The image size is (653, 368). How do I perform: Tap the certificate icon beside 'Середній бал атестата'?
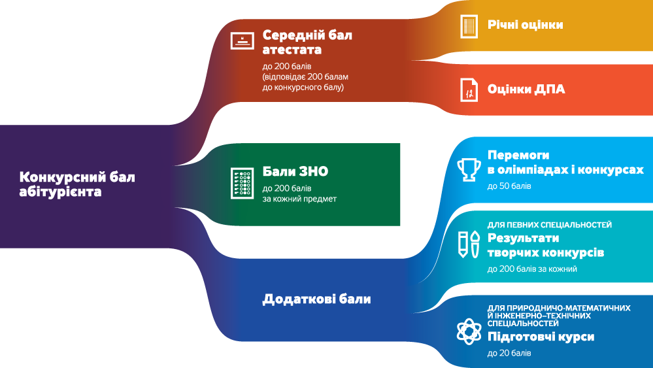243,41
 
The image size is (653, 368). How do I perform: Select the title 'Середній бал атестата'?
307,42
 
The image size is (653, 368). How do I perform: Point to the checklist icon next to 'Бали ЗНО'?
242,182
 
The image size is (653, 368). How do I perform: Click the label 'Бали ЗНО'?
295,172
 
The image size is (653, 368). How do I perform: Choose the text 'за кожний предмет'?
299,199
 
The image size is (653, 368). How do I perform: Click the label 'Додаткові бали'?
316,299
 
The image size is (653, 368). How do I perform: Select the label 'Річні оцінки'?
525,25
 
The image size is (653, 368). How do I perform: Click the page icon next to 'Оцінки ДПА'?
468,90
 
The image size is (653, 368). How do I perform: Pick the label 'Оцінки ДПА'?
526,90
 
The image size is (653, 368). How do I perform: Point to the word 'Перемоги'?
518,156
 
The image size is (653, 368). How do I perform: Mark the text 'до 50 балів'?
509,186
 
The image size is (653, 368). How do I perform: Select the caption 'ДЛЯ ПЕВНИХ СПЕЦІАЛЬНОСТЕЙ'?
550,225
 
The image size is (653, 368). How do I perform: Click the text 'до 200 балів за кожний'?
532,269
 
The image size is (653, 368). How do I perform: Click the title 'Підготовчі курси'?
541,337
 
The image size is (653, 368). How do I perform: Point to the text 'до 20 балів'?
509,354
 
